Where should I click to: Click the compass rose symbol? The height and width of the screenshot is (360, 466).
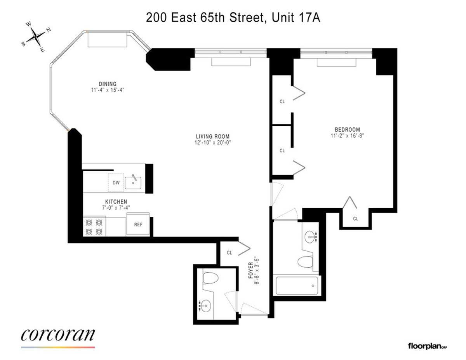(x=37, y=37)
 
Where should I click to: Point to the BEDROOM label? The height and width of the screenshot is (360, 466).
(x=347, y=130)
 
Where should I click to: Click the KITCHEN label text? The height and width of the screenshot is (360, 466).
(x=116, y=202)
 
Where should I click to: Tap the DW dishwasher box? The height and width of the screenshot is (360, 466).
(x=116, y=183)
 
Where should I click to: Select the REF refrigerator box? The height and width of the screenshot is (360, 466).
(x=138, y=224)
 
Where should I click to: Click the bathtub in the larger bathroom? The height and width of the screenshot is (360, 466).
(x=297, y=286)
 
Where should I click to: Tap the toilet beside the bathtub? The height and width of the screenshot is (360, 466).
(x=305, y=263)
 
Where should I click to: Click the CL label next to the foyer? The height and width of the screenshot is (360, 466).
(x=229, y=253)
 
